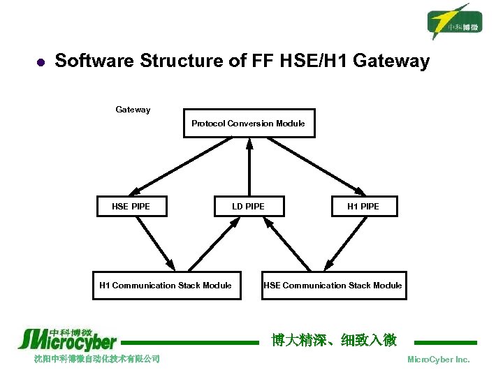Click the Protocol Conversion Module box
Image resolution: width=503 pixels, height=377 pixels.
coord(249,124)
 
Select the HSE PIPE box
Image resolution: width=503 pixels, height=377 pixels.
coord(131,206)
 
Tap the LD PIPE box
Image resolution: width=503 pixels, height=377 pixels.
coord(249,206)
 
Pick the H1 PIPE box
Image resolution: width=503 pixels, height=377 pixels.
coord(363,206)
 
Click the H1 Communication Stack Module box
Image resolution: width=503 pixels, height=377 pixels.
coord(166,285)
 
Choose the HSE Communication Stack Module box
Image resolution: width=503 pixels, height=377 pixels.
coord(333,285)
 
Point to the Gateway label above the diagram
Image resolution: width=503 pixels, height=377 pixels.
coord(133,110)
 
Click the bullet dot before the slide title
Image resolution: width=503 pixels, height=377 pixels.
coord(39,62)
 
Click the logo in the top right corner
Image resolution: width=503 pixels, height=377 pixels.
coord(455,21)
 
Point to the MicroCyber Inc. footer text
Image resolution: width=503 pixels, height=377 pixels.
coord(438,360)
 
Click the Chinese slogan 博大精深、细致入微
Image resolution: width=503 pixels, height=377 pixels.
coord(335,340)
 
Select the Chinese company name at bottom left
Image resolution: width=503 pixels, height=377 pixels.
coord(97,359)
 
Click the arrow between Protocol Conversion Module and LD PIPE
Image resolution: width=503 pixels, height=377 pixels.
coord(249,167)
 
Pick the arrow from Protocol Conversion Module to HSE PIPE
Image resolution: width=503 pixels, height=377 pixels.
coord(180,166)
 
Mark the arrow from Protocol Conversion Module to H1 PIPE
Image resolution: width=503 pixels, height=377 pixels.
coord(317,166)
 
